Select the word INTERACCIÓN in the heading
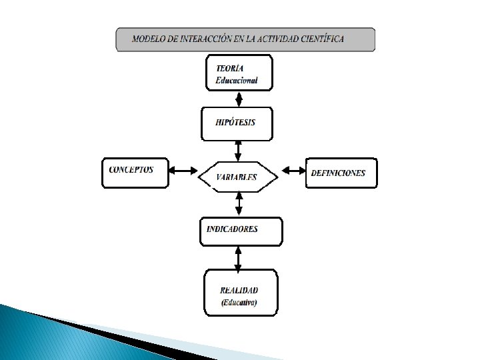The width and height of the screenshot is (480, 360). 202,39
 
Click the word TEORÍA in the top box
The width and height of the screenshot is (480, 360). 230,68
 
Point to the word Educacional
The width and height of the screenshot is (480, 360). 236,81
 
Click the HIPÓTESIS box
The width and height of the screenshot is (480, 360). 237,123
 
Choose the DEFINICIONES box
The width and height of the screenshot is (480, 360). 341,173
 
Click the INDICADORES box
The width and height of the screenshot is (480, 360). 241,231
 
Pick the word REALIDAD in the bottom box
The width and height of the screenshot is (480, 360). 239,290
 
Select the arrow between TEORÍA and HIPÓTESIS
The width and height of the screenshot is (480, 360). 239,97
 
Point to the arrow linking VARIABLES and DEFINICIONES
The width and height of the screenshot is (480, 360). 293,171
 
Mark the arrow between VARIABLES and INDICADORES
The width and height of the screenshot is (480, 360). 239,204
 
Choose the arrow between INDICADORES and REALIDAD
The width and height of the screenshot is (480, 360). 239,257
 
